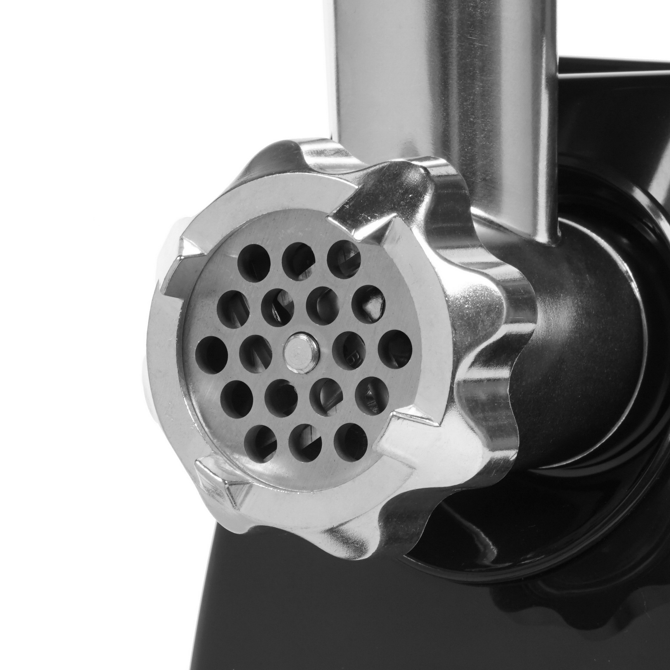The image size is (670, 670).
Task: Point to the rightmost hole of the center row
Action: tap(395, 347)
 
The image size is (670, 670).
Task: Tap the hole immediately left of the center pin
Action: tap(256, 353)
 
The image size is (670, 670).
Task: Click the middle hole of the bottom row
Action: tap(305, 443)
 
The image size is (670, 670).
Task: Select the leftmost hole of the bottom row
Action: tap(260, 444)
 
